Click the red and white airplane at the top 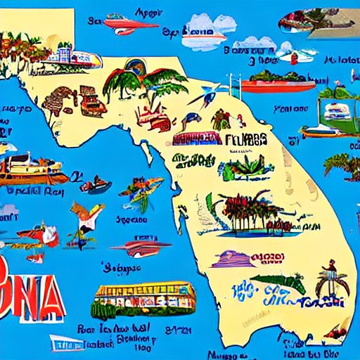pyautogui.click(x=129, y=23)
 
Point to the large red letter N pyautogui.click(x=26, y=280)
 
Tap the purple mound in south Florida pyautogui.click(x=232, y=259)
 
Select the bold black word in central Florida pyautogui.click(x=246, y=138)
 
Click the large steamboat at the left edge pyautogui.click(x=28, y=169)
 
